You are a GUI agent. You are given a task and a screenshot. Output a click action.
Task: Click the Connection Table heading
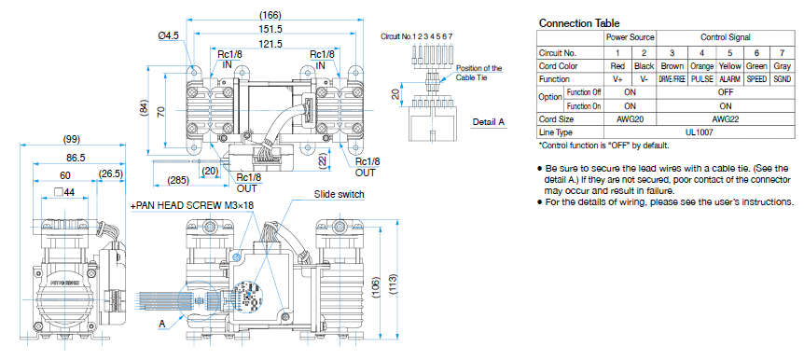[x=579, y=23]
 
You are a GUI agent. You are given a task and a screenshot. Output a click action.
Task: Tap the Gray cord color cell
[x=782, y=66]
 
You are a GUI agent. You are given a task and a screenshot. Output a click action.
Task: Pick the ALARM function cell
[x=729, y=79]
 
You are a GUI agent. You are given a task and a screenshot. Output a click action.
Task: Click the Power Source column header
[x=631, y=38]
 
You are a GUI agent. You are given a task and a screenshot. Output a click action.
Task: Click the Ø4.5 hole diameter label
[x=169, y=35]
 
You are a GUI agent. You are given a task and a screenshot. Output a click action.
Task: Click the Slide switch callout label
[x=339, y=194]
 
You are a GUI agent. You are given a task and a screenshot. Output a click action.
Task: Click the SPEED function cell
[x=756, y=79]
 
